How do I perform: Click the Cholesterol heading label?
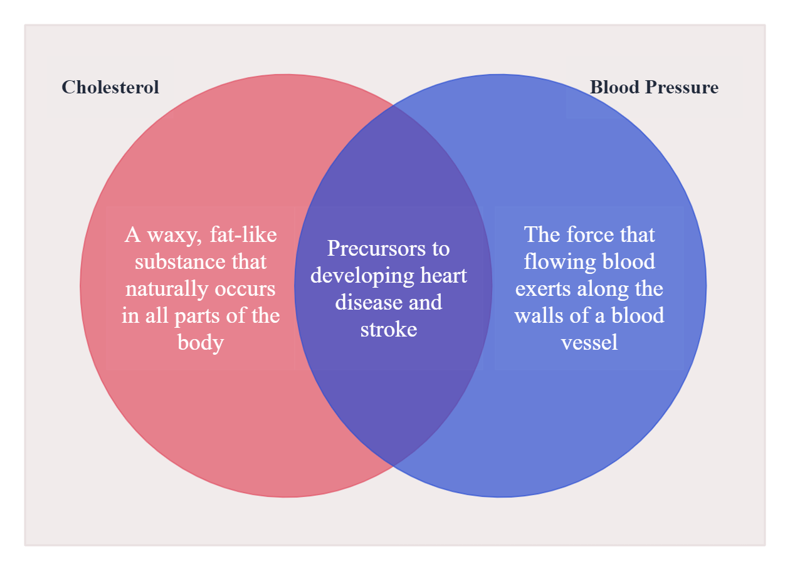(x=110, y=87)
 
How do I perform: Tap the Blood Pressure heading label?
(x=654, y=87)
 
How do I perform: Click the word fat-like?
(x=240, y=235)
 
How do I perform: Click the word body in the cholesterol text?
(x=201, y=343)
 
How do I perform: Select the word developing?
(x=353, y=276)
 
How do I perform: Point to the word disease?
(x=364, y=303)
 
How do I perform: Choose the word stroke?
(x=389, y=330)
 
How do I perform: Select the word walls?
(x=538, y=316)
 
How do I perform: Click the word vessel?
(x=589, y=343)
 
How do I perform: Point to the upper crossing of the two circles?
(x=393, y=105)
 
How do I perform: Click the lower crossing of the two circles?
(x=393, y=466)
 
